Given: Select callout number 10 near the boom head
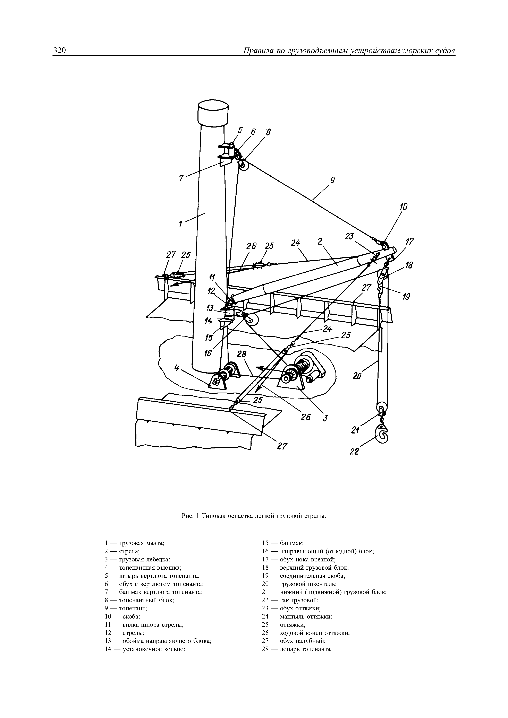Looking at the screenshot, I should click(x=404, y=207).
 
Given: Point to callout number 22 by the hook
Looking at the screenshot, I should click(x=354, y=451).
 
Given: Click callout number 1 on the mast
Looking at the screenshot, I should click(x=181, y=224).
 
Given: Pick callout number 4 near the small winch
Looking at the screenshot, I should click(x=177, y=368).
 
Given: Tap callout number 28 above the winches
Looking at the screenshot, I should click(x=241, y=354).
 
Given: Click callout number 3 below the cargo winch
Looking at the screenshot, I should click(x=325, y=418).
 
